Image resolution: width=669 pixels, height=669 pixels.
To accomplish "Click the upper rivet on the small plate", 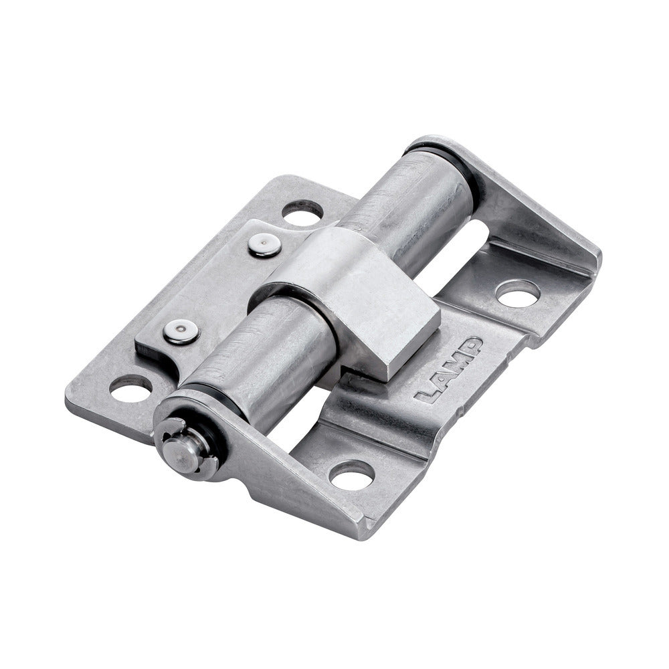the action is click(x=264, y=246).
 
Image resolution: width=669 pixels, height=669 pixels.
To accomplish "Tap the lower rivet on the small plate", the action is click(x=181, y=332).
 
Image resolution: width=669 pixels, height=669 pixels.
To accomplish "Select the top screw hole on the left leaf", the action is click(x=302, y=212).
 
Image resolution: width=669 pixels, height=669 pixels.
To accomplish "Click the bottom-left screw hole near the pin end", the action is click(x=131, y=388).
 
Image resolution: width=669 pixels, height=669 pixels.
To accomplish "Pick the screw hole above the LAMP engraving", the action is click(x=518, y=294).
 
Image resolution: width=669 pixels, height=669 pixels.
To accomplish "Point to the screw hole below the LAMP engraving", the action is click(x=352, y=475).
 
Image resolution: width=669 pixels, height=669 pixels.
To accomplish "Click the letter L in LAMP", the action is click(x=427, y=395).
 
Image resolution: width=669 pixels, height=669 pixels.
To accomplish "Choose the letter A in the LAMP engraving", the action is click(x=440, y=381).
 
